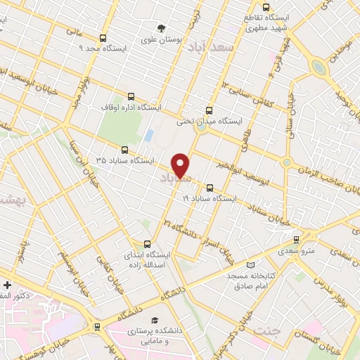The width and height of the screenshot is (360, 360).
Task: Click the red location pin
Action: [x=181, y=165]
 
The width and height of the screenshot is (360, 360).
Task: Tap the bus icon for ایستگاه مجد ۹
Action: [x=103, y=38]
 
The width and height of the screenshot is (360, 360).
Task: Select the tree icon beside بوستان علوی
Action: [x=162, y=29]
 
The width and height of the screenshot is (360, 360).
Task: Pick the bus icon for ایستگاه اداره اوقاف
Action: [x=131, y=97]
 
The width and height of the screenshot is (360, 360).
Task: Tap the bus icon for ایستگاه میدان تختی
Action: [x=208, y=110]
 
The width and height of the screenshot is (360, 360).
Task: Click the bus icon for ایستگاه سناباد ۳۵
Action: [x=124, y=150]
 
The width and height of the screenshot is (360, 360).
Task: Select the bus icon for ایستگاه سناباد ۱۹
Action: [x=210, y=188]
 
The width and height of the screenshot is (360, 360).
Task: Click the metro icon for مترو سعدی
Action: [x=296, y=239]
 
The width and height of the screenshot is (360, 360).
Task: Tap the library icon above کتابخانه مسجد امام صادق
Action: [x=250, y=264]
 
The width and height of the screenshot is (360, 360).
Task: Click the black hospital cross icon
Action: [x=7, y=285]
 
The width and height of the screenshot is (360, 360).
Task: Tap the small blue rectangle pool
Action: [x=148, y=134]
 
